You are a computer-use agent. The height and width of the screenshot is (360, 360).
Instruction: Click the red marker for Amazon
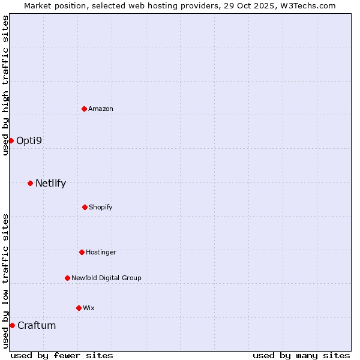tap(84, 109)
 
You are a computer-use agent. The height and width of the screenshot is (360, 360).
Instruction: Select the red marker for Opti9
tap(11, 140)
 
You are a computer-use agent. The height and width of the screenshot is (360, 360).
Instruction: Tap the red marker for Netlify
tap(30, 183)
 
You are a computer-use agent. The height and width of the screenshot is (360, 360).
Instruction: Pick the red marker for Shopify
tap(85, 207)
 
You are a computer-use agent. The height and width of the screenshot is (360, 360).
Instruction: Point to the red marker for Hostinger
tap(82, 252)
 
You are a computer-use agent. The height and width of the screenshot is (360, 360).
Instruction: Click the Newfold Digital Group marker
tap(67, 278)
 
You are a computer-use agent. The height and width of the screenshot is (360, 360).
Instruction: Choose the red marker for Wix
tap(79, 308)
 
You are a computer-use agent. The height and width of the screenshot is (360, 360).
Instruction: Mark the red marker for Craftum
tap(12, 325)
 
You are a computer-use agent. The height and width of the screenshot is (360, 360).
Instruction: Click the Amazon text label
tap(101, 109)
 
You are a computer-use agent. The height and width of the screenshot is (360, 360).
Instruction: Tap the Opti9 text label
tap(29, 140)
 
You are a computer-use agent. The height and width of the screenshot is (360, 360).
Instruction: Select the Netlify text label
tap(50, 183)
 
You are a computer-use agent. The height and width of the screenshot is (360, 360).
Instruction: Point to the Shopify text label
tap(101, 207)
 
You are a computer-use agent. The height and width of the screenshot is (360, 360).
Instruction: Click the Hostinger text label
tap(101, 252)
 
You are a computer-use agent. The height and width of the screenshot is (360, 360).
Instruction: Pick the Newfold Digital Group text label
tap(106, 278)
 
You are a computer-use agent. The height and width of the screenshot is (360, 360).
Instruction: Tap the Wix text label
tap(89, 308)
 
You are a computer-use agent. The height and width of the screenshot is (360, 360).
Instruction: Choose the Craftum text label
tap(37, 325)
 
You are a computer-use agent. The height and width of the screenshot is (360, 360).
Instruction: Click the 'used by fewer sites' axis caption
tap(62, 355)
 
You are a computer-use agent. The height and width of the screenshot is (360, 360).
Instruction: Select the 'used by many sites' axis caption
tap(301, 355)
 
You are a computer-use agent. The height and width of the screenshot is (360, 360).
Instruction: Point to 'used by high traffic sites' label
tap(5, 85)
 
